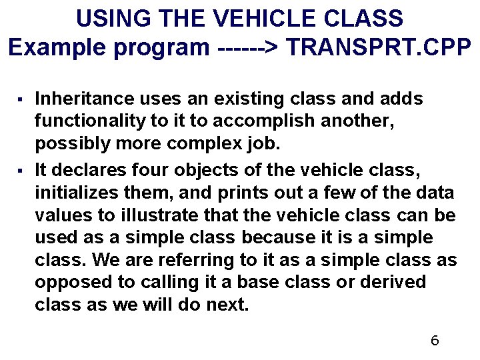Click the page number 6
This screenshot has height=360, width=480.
pyautogui.click(x=435, y=341)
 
